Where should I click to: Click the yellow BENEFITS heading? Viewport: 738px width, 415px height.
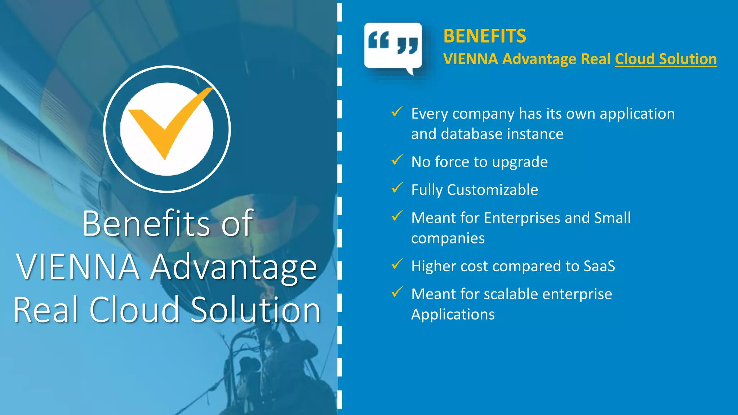point(485,36)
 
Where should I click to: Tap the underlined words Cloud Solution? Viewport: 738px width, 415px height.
point(666,59)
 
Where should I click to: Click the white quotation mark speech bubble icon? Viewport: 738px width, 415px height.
point(393,46)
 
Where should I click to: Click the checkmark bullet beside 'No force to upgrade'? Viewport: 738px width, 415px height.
point(397,160)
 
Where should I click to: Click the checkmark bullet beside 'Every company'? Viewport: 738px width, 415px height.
point(397,112)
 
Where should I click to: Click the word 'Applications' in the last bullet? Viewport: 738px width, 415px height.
point(453,314)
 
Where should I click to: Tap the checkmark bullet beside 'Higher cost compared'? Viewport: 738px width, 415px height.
point(397,264)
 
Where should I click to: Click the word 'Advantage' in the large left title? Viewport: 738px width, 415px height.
point(234,267)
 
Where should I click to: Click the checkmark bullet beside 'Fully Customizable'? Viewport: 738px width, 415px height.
point(397,188)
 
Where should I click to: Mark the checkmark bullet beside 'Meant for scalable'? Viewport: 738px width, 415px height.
point(397,292)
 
